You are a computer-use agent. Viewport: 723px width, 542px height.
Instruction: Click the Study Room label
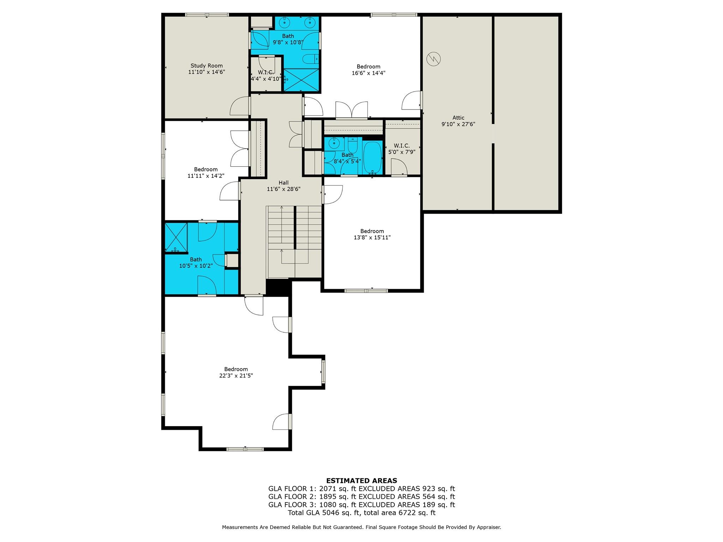[207, 66]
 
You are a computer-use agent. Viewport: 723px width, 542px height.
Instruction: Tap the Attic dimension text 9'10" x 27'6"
[458, 124]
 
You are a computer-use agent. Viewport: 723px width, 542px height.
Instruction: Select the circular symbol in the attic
[434, 59]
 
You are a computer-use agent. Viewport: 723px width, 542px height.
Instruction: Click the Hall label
[283, 183]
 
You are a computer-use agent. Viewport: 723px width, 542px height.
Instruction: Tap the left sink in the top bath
[284, 23]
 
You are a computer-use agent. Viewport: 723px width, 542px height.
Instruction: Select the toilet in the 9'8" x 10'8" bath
[311, 59]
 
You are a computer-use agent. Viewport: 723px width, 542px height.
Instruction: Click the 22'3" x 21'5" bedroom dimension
[236, 376]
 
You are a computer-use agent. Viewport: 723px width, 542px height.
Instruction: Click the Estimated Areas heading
[361, 481]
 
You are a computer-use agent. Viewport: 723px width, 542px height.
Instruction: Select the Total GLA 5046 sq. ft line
[361, 513]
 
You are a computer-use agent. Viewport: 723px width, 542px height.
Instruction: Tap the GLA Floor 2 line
[361, 497]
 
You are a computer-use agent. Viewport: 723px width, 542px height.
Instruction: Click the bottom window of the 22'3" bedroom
[245, 449]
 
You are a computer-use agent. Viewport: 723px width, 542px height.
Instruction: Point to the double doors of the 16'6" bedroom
[352, 110]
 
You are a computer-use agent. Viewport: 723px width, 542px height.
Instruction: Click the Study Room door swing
[239, 106]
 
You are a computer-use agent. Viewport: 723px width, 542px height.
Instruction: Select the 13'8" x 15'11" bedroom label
[372, 234]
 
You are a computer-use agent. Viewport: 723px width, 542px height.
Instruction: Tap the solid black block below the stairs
[278, 286]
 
